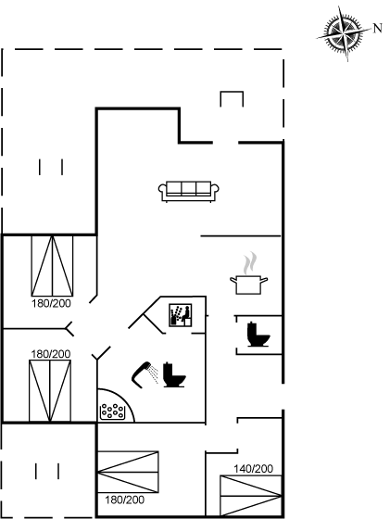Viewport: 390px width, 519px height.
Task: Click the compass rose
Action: point(345,33)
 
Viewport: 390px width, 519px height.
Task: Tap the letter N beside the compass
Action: point(377,28)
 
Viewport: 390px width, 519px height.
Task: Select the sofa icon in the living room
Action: point(189,191)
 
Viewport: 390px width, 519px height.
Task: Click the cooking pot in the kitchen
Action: point(249,285)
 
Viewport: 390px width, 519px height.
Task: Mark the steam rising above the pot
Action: point(250,263)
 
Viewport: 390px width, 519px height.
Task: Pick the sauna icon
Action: point(181,315)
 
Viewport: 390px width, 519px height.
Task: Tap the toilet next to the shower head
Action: point(173,375)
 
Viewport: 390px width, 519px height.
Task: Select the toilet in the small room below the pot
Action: point(258,335)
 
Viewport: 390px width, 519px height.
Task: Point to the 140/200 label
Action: point(254,469)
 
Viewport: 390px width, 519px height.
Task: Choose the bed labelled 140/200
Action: point(251,496)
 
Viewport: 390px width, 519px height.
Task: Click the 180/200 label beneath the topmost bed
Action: point(51,304)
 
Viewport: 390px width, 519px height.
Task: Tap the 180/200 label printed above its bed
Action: point(51,354)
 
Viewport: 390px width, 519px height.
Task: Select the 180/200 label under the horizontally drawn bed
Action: point(125,500)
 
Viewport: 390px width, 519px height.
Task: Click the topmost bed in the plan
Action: point(52,266)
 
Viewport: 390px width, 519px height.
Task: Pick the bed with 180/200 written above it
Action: point(50,391)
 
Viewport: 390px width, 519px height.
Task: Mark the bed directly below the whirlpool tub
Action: point(129,472)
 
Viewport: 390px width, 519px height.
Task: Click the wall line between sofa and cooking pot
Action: point(241,236)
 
